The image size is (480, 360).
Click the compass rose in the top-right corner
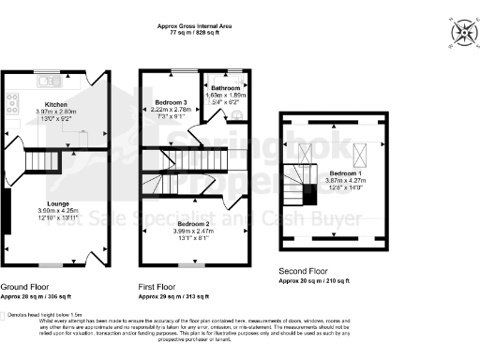(463, 34)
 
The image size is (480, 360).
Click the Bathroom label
(228, 87)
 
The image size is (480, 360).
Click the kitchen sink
(41, 73)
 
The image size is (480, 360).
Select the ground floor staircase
(43, 164)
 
